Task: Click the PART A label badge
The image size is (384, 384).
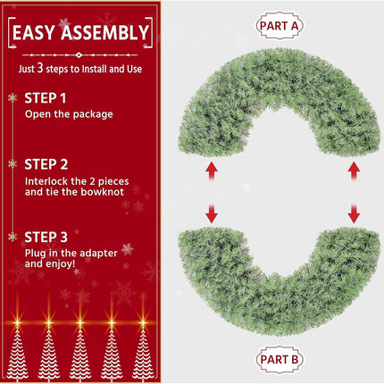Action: tap(279, 26)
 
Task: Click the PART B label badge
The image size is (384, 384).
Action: tap(279, 359)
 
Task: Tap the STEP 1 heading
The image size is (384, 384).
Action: tap(46, 98)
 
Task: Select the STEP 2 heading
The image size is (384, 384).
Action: tap(46, 164)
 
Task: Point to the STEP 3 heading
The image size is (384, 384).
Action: tap(46, 238)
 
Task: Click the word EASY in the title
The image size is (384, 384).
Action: tap(34, 32)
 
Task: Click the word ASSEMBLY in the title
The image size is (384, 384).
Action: tap(104, 32)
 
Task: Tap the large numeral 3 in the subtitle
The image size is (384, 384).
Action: tap(40, 68)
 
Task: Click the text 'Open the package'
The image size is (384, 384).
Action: tap(69, 114)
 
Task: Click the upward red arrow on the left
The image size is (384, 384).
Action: tap(212, 171)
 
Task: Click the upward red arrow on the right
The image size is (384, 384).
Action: tap(354, 171)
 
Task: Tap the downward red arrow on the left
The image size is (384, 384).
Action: tap(212, 213)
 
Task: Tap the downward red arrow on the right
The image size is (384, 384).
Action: tap(354, 213)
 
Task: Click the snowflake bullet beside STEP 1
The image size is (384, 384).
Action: tap(13, 97)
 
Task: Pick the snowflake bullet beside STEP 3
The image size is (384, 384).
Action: tap(13, 237)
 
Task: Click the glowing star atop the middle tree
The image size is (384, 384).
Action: tap(79, 322)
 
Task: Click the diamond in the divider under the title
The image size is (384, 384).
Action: tap(79, 55)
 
